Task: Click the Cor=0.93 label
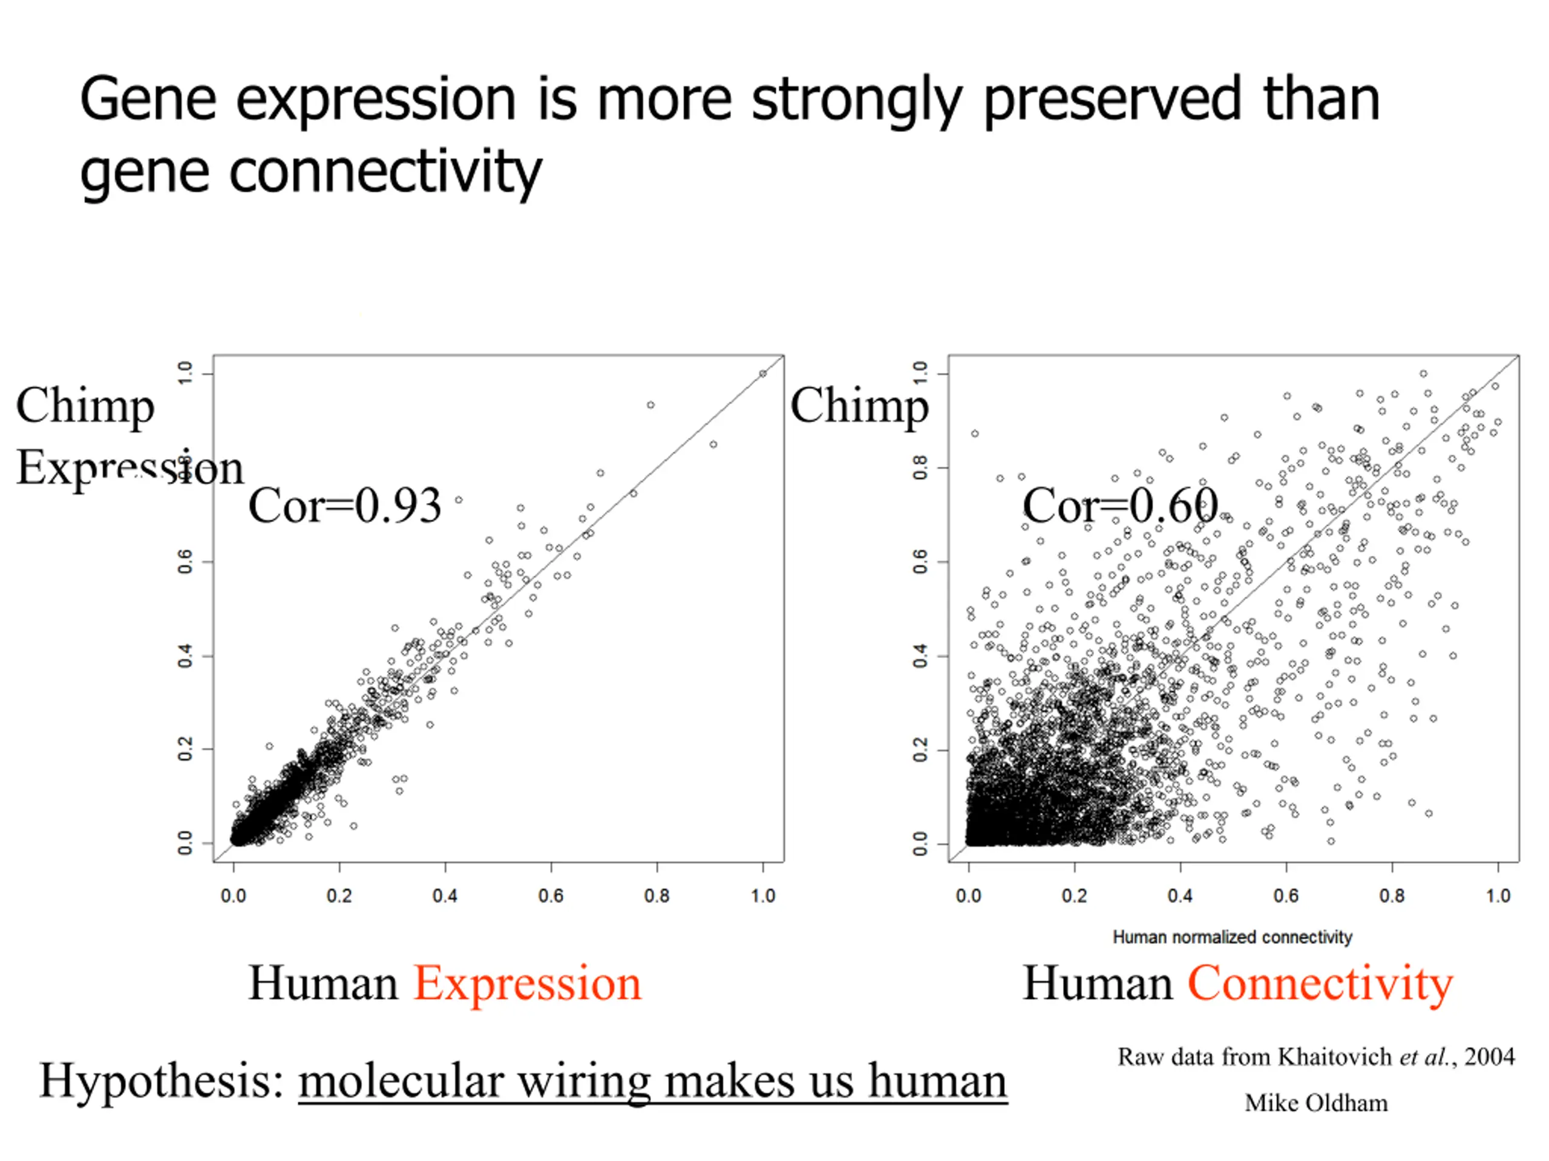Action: click(x=344, y=506)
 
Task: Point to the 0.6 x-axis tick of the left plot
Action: click(x=551, y=896)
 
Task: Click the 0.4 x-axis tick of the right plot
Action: click(x=1180, y=896)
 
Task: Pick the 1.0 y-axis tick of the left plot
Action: click(x=185, y=373)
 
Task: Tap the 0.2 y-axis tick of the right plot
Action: click(x=920, y=749)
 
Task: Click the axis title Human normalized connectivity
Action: click(x=1233, y=937)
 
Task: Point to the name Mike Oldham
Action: click(x=1316, y=1103)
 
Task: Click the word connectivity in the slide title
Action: click(x=386, y=172)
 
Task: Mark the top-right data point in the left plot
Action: click(x=762, y=374)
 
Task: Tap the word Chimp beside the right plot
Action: click(x=859, y=406)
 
